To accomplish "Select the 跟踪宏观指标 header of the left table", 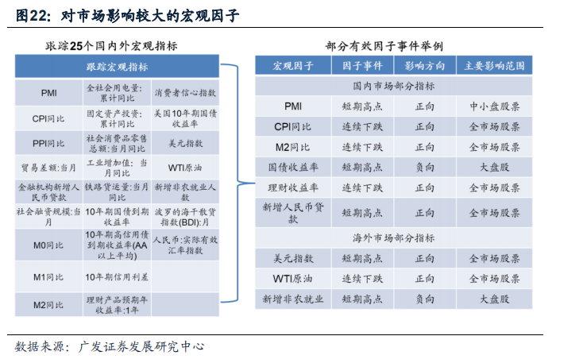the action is point(117,67).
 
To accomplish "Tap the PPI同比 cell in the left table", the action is point(48,143).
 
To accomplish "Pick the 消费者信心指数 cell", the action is point(185,93).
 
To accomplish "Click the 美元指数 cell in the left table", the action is point(185,143).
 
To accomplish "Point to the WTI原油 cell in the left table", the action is point(185,168).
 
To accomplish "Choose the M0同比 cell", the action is point(48,245).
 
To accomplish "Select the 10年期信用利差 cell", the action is point(117,277).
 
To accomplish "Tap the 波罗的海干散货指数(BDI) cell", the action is point(185,217).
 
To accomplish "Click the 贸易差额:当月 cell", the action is point(48,168).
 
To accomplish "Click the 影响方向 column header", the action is point(425,66).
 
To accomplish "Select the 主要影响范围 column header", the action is point(494,66).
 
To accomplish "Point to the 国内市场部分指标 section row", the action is point(393,86).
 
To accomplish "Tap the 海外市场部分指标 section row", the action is point(393,238).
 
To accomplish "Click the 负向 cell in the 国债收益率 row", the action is point(425,168).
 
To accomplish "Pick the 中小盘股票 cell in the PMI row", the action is point(494,106).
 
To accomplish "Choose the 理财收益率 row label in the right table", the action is point(293,187).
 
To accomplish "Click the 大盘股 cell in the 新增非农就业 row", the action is point(494,299).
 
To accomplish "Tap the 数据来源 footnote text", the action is point(110,346).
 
